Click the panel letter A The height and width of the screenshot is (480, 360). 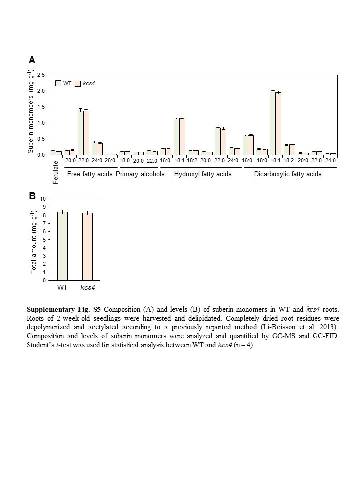[32, 60]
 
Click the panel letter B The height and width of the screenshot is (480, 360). [32, 196]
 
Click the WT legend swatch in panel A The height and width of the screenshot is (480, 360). [59, 83]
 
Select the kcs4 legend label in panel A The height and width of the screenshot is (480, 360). [89, 83]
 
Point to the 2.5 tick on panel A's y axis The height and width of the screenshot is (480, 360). [41, 75]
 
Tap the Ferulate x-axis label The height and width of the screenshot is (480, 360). [55, 172]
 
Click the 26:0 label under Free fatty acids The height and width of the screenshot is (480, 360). [111, 161]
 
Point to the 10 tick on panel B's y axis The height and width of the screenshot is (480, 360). [43, 199]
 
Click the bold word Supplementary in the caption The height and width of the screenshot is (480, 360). [49, 310]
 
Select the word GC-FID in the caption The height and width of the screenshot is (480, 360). [327, 335]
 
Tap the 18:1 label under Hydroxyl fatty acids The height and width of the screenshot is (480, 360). [179, 161]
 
